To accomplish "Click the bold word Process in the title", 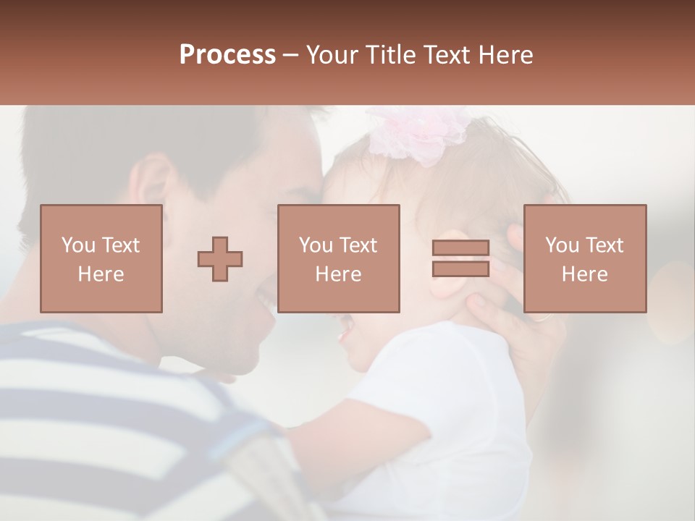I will pyautogui.click(x=227, y=55).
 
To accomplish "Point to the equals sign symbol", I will pyautogui.click(x=460, y=258).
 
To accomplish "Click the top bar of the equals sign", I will pyautogui.click(x=460, y=248).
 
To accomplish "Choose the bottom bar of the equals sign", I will pyautogui.click(x=460, y=268).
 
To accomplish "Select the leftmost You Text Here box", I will pyautogui.click(x=101, y=258).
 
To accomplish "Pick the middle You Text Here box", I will pyautogui.click(x=338, y=258).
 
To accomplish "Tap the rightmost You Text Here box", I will pyautogui.click(x=584, y=258).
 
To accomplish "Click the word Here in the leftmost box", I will pyautogui.click(x=101, y=274).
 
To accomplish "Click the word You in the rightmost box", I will pyautogui.click(x=562, y=245).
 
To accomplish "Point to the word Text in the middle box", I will pyautogui.click(x=359, y=245).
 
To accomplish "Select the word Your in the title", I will pyautogui.click(x=331, y=55).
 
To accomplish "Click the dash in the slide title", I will pyautogui.click(x=291, y=56).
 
